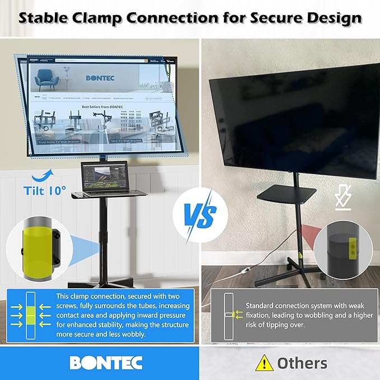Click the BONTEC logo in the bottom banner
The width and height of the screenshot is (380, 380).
(106, 363)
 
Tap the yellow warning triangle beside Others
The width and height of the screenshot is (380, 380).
(264, 363)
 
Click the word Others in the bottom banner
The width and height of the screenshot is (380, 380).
(302, 363)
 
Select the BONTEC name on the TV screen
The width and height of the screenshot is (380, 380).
(100, 78)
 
